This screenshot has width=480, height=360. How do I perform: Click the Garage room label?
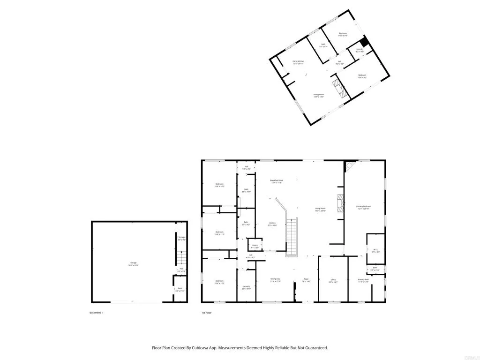click(134, 263)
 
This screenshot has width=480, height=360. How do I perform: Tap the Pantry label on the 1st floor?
click(255, 246)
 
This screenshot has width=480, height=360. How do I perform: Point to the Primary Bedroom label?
click(364, 207)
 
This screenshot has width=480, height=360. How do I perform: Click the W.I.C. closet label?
click(375, 250)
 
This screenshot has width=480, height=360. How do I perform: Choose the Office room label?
click(333, 281)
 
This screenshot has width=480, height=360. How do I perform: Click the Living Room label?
click(320, 210)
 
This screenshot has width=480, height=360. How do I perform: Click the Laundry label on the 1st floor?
click(246, 287)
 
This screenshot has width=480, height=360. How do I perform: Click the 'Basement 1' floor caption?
click(96, 313)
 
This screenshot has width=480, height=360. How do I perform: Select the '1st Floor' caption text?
click(207, 313)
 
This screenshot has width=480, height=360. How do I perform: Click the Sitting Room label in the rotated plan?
click(319, 96)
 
